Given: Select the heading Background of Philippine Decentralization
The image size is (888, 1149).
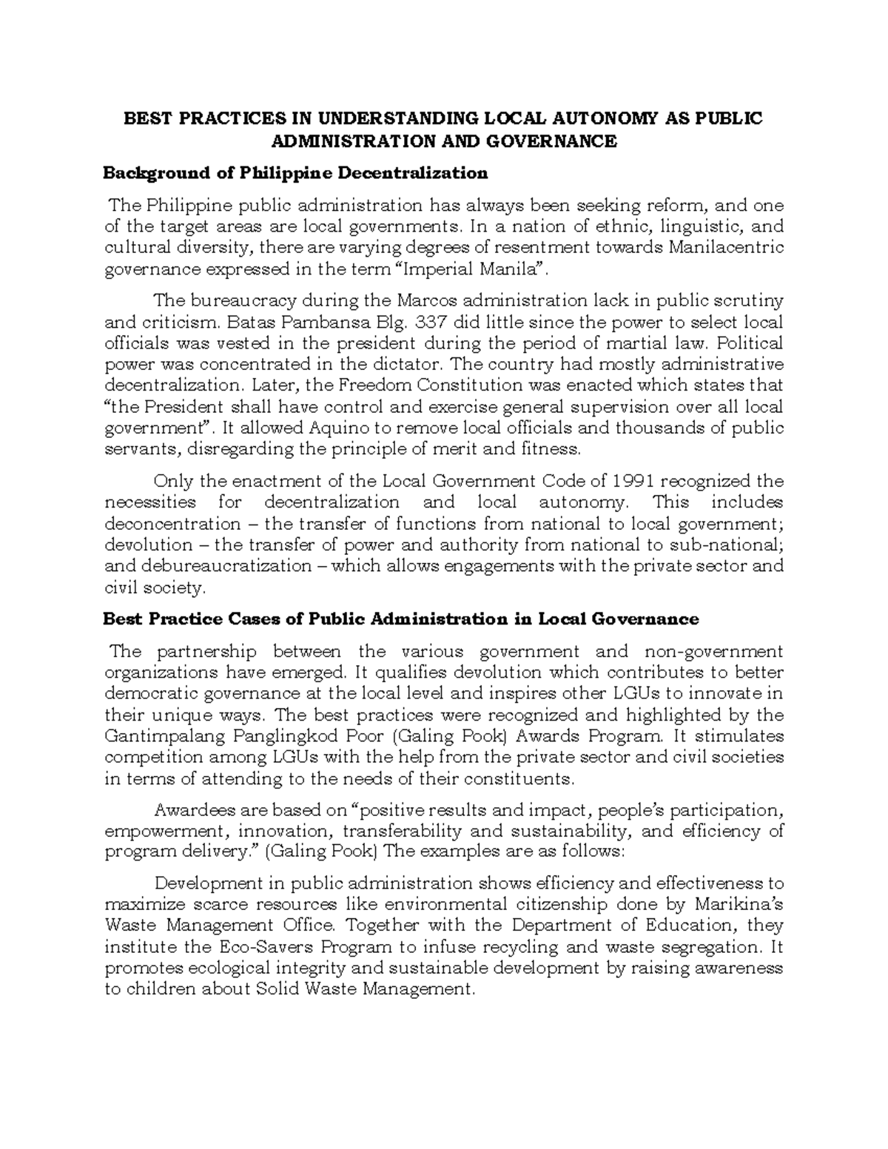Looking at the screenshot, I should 295,173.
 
